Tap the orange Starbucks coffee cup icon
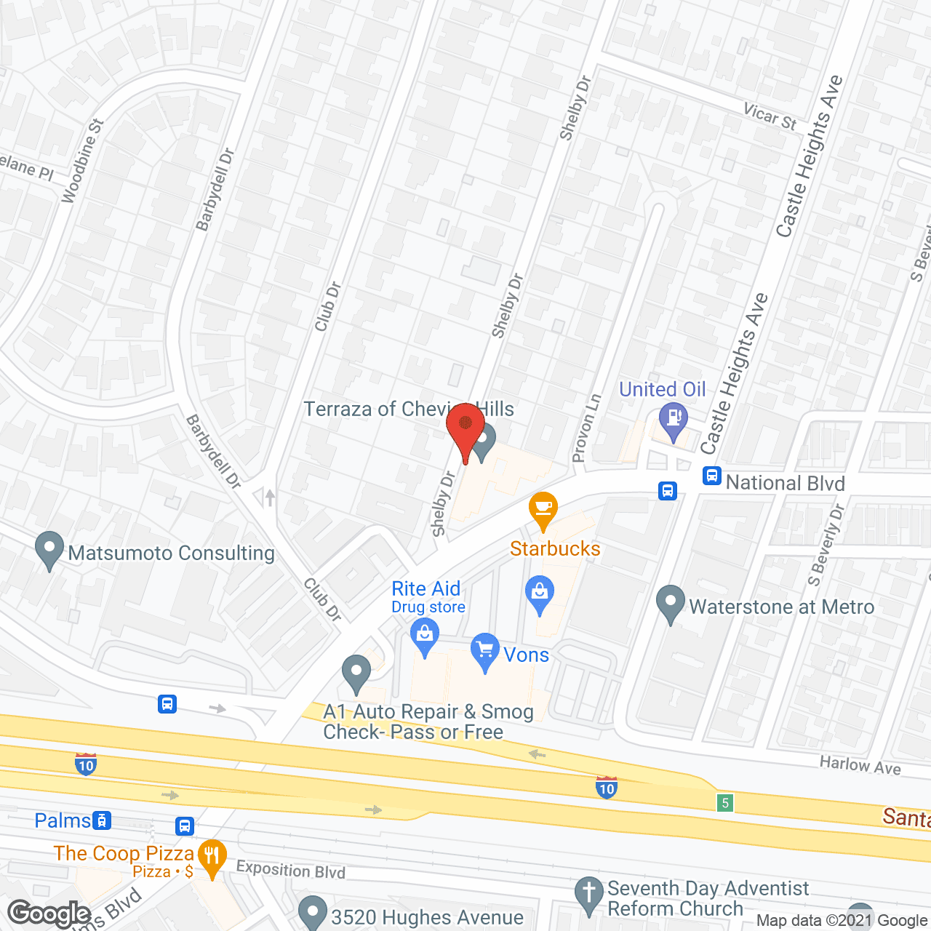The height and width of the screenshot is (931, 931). point(543,508)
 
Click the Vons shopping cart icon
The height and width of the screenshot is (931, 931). point(484,650)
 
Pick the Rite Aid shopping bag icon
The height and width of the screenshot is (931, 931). point(425,635)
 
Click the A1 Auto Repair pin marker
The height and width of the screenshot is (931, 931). point(356,672)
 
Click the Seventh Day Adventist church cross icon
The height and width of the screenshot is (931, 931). point(588,894)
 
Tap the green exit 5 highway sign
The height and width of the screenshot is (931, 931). point(724,802)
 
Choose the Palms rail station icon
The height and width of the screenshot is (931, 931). point(103,821)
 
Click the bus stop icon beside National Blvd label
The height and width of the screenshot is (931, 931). point(711,476)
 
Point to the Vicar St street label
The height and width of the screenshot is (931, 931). point(770,116)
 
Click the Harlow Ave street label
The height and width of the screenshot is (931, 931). point(860,765)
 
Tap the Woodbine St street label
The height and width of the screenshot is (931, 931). point(83,161)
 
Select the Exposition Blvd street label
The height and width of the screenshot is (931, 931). point(290,870)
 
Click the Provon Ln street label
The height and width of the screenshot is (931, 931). point(587,428)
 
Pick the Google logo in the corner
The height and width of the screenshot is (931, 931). point(49,914)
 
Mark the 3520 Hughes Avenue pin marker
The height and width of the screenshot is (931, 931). point(313,912)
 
